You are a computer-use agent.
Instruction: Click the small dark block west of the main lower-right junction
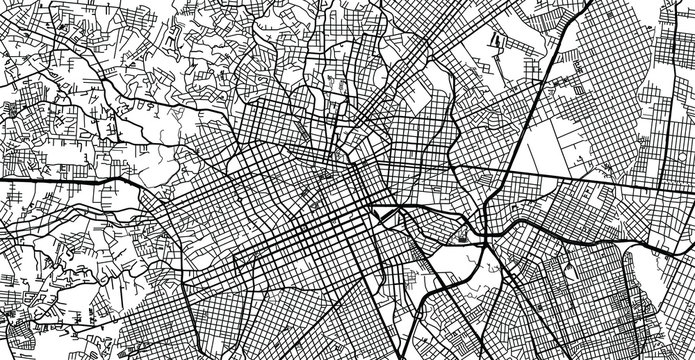point(462,237)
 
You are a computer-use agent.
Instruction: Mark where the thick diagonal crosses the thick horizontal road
point(506,178)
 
